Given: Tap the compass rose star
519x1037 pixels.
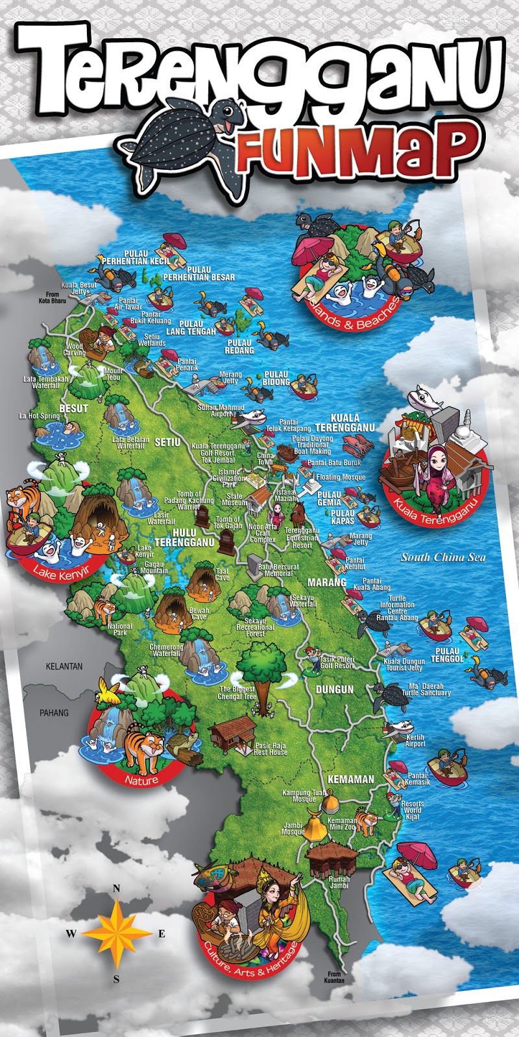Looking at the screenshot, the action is tap(116, 933).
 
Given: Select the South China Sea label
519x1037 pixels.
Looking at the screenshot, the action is tap(442, 557).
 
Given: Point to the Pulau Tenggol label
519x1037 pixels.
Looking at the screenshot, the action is tap(448, 655).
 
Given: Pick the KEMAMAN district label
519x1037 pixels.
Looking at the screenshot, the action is tap(351, 779).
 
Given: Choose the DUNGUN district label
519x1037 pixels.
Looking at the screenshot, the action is tap(335, 689).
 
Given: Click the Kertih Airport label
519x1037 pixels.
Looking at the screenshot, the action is tap(415, 741).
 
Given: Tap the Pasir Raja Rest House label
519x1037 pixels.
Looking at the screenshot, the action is tap(271, 749).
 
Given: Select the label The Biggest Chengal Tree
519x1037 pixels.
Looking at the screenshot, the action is tap(237, 693).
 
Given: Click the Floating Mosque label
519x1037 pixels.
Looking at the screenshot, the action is tap(341, 477).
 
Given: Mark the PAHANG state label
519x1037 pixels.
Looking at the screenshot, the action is tap(54, 712).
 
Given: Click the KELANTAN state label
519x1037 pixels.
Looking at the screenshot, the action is tap(64, 666).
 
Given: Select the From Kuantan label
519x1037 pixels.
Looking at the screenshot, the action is tap(334, 977).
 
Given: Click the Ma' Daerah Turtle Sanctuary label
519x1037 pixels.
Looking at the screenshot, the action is tap(426, 689).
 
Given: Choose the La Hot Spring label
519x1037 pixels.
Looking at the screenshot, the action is tap(39, 416).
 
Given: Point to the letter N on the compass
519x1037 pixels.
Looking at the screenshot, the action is tap(117, 889).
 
